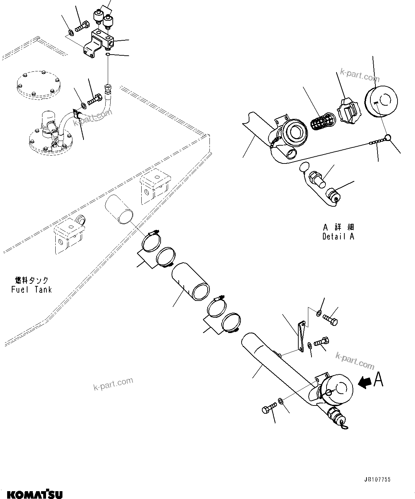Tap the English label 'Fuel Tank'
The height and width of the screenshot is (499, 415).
click(x=31, y=289)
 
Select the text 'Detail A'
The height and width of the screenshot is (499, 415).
click(x=338, y=236)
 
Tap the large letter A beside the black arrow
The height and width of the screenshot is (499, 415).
click(x=378, y=379)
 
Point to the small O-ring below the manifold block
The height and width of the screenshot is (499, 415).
click(x=108, y=54)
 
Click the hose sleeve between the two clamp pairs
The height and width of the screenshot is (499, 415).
click(x=191, y=281)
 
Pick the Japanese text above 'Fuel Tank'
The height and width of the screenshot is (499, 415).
click(x=31, y=280)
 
